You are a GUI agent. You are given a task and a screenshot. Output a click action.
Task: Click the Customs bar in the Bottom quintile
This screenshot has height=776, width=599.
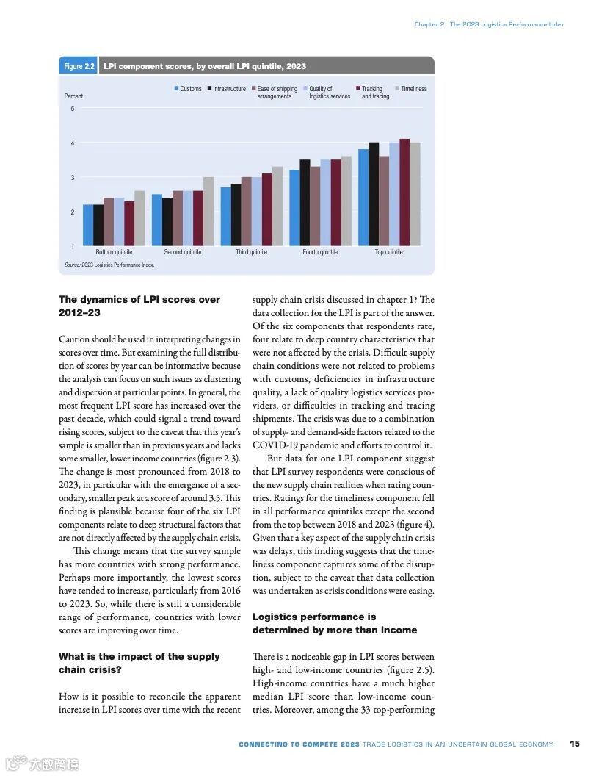point(88,225)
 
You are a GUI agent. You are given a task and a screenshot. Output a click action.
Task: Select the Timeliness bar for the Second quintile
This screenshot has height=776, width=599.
point(208,211)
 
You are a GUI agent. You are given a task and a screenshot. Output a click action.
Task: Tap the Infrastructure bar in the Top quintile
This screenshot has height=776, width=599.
point(374,194)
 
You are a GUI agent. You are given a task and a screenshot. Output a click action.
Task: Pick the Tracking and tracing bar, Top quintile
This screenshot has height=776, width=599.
point(404,192)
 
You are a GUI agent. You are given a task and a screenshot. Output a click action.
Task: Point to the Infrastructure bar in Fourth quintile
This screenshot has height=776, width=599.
point(305,202)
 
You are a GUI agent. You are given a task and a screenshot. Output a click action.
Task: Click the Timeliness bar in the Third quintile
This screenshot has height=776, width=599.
point(277,206)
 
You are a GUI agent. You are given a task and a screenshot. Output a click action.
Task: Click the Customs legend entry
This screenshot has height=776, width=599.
point(187,89)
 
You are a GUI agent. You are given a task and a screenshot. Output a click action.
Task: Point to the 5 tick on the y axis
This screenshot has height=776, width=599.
point(72,109)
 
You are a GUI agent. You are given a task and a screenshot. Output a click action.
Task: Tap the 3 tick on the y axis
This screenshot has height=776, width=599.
point(72,178)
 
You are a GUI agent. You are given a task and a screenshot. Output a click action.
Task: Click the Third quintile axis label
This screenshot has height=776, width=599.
point(251,252)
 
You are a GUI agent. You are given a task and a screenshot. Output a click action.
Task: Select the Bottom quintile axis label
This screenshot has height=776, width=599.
point(114,252)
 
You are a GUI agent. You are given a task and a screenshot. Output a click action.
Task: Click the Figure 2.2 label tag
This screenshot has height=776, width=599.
point(79,66)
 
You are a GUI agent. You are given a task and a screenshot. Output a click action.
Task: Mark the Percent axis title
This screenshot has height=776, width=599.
point(73,96)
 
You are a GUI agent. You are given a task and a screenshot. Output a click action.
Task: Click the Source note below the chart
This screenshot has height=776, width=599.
point(109,265)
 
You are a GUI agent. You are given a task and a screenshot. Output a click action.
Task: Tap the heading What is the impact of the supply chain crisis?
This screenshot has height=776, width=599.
point(139,663)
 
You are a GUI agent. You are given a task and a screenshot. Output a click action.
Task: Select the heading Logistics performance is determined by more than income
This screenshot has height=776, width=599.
point(334,623)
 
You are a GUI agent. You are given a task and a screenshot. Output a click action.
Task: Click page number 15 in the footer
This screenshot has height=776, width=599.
point(575,744)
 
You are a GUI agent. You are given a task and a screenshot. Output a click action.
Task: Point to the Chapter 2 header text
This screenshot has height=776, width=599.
point(429,24)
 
